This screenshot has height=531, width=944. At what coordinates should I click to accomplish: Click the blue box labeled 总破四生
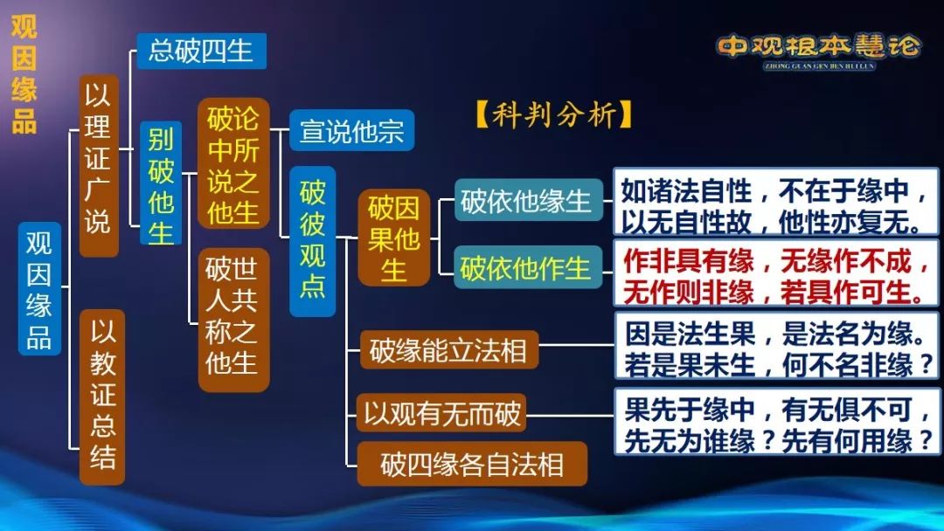click(201, 51)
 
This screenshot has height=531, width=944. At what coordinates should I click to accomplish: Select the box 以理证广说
click(99, 165)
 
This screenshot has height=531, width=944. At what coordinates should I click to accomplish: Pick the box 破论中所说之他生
click(233, 163)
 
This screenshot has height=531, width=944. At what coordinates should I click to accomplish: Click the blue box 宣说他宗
click(351, 130)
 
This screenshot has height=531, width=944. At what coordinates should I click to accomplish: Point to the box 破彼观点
click(312, 241)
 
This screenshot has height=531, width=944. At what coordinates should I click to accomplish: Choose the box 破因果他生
click(393, 238)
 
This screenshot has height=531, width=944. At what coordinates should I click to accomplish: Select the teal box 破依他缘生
click(528, 200)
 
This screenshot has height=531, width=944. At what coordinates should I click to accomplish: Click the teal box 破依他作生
click(528, 266)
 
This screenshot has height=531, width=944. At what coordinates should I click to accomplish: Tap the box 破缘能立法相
click(448, 349)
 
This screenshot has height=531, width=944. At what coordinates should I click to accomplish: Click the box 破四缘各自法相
click(472, 464)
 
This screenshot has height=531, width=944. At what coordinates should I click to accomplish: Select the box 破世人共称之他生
click(233, 320)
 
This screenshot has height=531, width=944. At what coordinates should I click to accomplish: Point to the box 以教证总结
click(102, 397)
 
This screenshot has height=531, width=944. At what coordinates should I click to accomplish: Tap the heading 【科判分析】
click(554, 114)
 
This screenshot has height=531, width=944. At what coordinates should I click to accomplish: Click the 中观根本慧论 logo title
click(819, 48)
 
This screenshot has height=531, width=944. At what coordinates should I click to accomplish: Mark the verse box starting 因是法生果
click(776, 346)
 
